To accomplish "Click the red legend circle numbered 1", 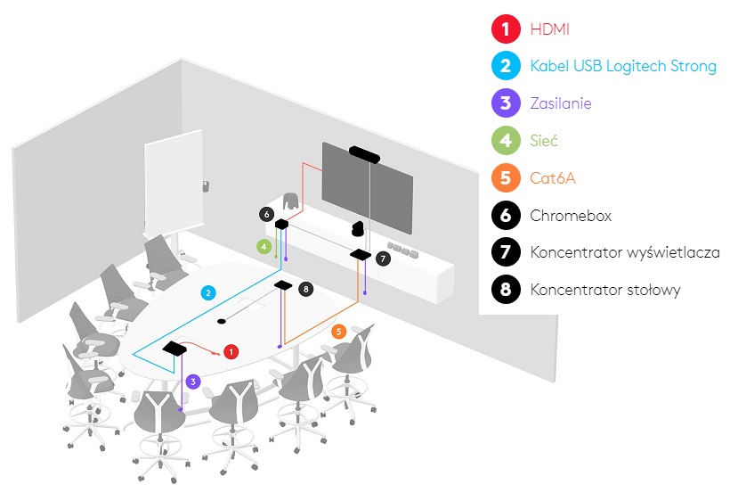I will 506,29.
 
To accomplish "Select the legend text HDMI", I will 549,29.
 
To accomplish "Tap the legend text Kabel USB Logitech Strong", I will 622,66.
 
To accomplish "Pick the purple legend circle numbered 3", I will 506,103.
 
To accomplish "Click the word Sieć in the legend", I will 544,141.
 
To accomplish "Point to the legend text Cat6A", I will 553,178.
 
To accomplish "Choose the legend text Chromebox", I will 571,215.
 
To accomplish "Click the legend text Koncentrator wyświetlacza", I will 625,252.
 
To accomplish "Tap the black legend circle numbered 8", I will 506,290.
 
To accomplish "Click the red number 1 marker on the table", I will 231,351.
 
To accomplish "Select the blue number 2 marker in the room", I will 207,292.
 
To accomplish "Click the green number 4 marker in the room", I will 264,245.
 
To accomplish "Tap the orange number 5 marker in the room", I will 338,332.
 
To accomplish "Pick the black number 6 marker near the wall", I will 266,214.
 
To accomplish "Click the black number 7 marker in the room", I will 383,259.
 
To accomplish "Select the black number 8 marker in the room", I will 305,289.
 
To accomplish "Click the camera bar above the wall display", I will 366,154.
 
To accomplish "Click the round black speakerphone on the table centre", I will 223,318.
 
